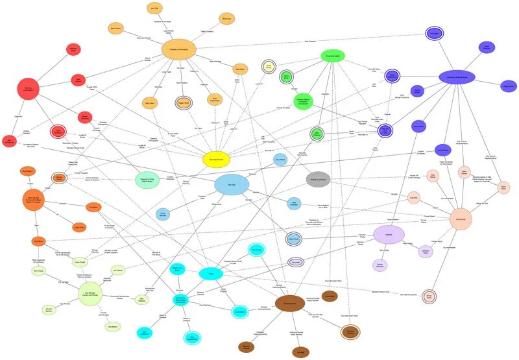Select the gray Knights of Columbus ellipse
318,179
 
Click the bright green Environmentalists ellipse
333,56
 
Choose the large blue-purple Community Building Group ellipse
457,77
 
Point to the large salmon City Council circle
461,219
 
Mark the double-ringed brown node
350,333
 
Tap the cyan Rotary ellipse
211,274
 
